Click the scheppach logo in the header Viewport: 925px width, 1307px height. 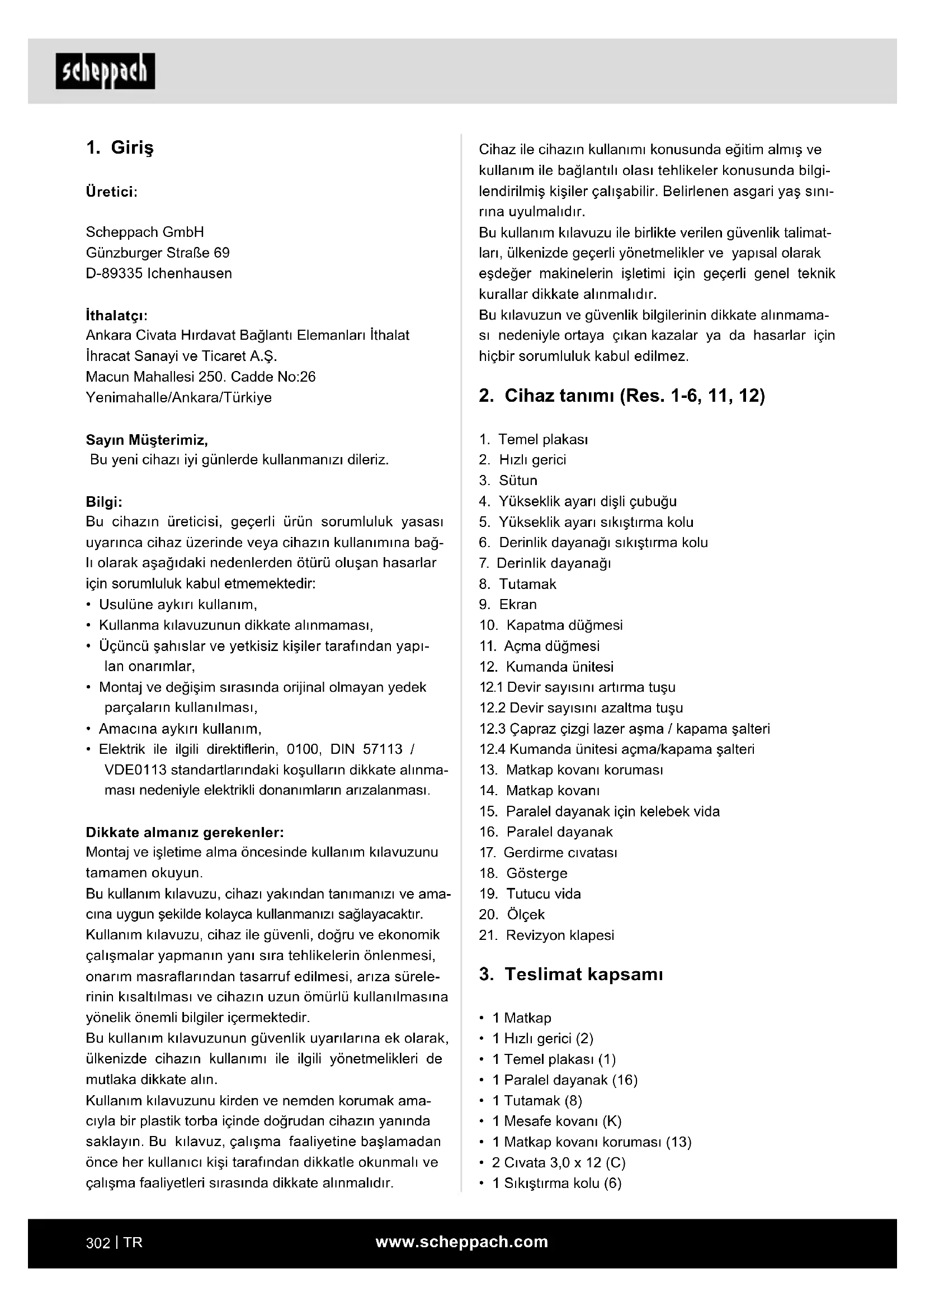click(105, 72)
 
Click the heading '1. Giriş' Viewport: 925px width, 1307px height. click(120, 148)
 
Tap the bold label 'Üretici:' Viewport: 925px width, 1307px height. click(112, 192)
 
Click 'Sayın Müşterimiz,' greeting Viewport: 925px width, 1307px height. click(147, 439)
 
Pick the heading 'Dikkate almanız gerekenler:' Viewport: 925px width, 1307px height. click(185, 832)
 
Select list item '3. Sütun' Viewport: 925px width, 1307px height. click(508, 481)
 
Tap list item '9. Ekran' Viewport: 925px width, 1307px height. click(508, 605)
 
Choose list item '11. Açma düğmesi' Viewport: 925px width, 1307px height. click(539, 646)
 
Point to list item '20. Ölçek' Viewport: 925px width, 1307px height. click(512, 915)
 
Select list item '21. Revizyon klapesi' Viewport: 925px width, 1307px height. click(547, 935)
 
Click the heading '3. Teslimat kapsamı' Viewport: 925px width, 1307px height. click(571, 975)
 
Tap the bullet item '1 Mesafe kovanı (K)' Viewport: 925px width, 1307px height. click(556, 1121)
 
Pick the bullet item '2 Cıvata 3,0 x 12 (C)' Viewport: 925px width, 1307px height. click(559, 1162)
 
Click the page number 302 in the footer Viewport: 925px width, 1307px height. click(97, 1243)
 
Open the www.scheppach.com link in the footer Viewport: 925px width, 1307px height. click(462, 1242)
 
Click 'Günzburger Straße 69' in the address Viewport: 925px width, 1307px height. click(158, 253)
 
